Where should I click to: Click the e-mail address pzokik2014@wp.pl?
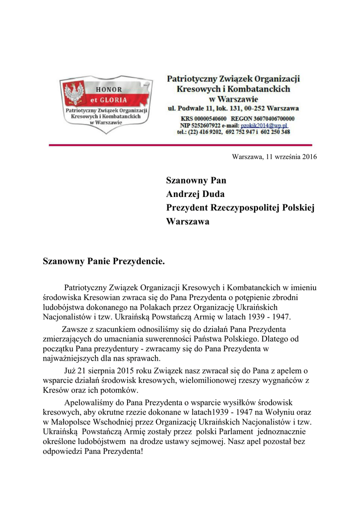pyautogui.click(x=269, y=126)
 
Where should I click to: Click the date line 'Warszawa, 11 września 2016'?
pyautogui.click(x=275, y=157)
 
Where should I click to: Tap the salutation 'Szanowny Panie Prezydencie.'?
pyautogui.click(x=104, y=260)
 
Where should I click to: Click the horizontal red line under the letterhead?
pyautogui.click(x=180, y=145)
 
